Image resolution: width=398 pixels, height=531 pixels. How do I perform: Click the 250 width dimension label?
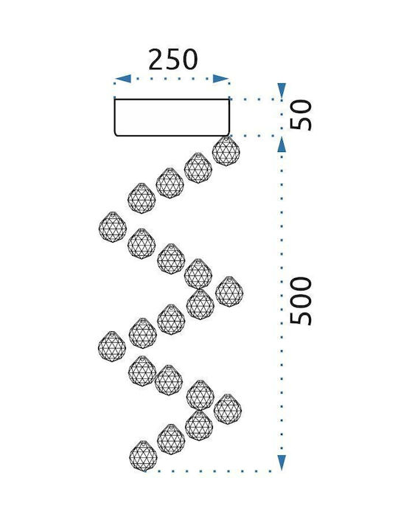pos(173,60)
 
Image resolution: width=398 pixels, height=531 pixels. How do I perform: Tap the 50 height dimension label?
pos(301,115)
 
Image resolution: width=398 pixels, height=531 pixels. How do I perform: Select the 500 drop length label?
pos(301,301)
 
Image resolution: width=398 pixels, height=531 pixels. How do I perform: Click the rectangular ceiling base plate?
pos(172,117)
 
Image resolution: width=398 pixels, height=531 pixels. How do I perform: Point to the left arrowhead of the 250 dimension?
pos(122,79)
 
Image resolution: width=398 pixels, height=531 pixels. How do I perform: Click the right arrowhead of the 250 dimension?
pos(221,79)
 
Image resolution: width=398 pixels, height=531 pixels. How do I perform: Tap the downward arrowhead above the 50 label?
pos(282,91)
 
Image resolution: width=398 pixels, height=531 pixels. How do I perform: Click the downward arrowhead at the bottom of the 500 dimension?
pos(282,462)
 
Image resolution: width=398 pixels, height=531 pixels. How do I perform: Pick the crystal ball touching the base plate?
pos(226,151)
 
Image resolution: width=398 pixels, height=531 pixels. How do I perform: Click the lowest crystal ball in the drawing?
pos(143,456)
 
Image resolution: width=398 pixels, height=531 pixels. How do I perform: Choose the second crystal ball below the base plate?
pos(198,168)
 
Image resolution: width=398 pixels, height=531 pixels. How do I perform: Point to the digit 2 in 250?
pos(156,60)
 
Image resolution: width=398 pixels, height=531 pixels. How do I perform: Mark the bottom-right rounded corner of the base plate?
pos(228,134)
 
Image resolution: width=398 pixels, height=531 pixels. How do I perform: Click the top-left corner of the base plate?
pos(115,100)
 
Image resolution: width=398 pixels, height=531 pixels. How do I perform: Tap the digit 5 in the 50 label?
pos(301,123)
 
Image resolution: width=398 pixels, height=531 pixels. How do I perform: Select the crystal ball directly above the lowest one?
pos(171,440)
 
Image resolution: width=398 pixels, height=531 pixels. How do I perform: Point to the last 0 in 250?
pos(189,60)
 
